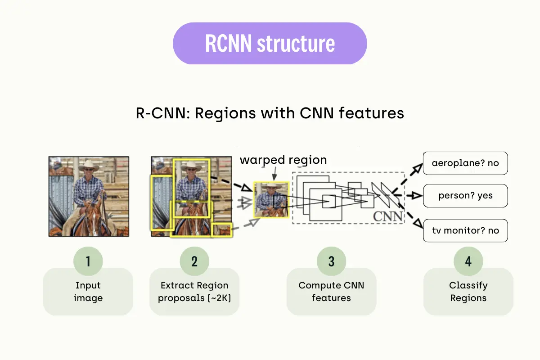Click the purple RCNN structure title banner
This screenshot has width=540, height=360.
[x=270, y=44]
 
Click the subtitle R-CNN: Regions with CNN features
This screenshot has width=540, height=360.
[x=270, y=113]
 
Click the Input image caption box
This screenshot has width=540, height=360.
[x=88, y=292]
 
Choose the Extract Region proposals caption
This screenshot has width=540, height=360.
[x=194, y=292]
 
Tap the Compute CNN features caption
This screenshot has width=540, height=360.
[x=331, y=292]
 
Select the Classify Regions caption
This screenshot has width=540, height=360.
[x=468, y=292]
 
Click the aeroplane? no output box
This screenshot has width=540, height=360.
[x=465, y=163]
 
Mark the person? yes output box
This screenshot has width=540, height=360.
[x=465, y=196]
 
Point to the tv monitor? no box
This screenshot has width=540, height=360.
[x=465, y=230]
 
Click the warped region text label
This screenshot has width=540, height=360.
[x=283, y=160]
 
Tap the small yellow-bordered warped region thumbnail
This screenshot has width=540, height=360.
[x=271, y=199]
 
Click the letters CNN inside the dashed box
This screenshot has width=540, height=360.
[x=387, y=216]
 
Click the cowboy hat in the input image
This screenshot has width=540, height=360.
[x=88, y=165]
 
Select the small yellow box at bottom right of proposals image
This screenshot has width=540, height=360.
[x=222, y=229]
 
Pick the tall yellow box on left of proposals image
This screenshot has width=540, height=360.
[x=162, y=202]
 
